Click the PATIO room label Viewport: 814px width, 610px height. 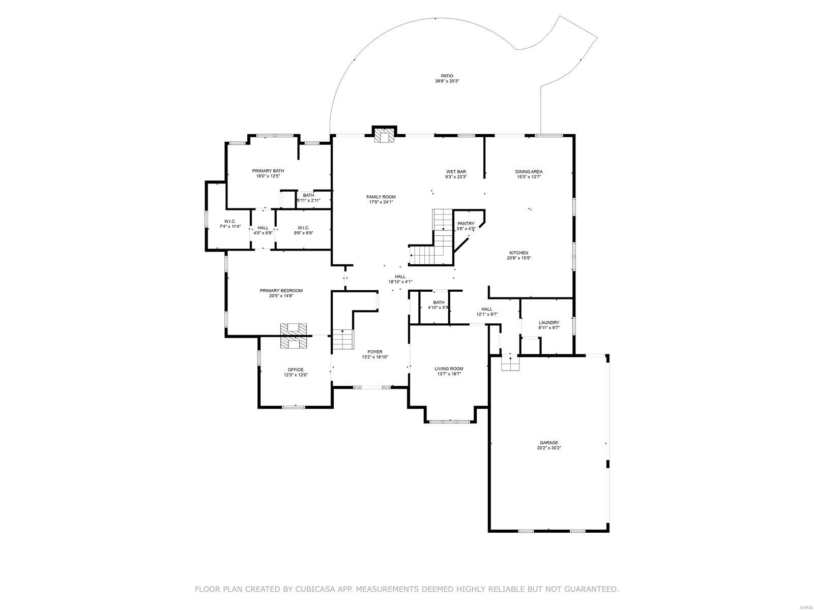[x=447, y=76]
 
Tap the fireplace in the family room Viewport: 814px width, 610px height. [x=384, y=135]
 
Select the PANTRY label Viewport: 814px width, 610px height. [x=466, y=223]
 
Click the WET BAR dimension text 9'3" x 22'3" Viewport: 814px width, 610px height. [x=456, y=177]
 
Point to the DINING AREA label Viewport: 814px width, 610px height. [x=529, y=171]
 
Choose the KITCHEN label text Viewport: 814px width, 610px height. [x=518, y=253]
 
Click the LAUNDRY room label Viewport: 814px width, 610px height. [x=549, y=322]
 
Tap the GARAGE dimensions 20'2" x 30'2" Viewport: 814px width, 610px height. [x=549, y=448]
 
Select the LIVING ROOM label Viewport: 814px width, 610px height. [x=449, y=369]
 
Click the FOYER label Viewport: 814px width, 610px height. [x=375, y=352]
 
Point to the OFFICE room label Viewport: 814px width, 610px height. [x=296, y=370]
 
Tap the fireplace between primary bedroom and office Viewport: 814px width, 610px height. [x=294, y=336]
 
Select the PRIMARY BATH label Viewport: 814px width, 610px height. [x=268, y=171]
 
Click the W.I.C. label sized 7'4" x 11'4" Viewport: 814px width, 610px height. [x=229, y=221]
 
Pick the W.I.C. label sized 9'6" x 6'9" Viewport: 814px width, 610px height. [x=303, y=227]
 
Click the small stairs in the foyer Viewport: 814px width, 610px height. [x=343, y=340]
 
